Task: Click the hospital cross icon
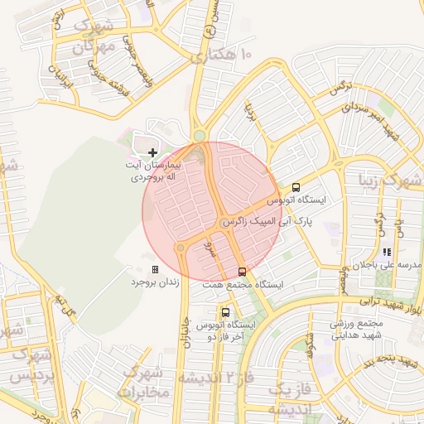coord(153,152)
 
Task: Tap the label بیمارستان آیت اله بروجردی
coord(152,172)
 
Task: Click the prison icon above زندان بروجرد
coord(155,269)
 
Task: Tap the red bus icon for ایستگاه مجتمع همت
coord(242,271)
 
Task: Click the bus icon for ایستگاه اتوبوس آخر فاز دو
coord(225,312)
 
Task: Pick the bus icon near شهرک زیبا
coord(296,187)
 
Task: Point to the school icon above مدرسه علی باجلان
coord(386,252)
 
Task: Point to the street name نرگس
coord(343,89)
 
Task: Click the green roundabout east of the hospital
coord(200,136)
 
